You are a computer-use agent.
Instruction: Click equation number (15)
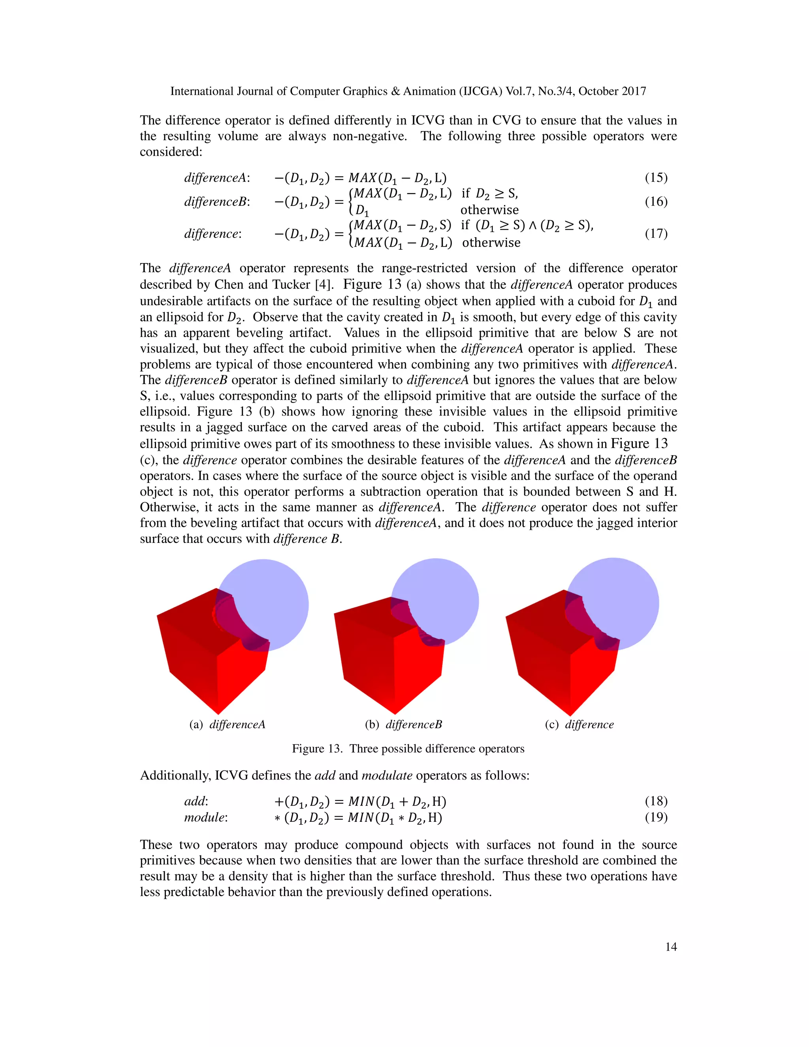[656, 178]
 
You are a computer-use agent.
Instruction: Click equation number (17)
[656, 234]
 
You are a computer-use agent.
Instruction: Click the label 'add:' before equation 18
[196, 801]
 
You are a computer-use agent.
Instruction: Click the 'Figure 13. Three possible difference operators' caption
[408, 749]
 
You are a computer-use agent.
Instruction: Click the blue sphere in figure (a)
[278, 592]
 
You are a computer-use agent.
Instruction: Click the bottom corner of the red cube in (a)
[218, 712]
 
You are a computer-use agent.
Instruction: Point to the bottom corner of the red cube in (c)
[570, 714]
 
